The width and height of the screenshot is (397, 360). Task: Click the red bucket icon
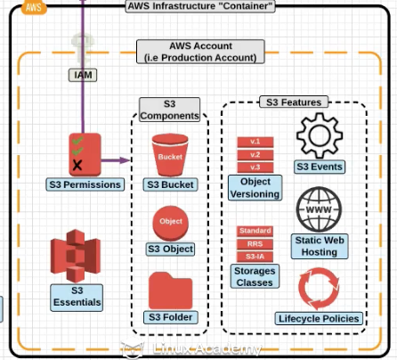tap(170, 155)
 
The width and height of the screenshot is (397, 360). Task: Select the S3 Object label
tap(171, 249)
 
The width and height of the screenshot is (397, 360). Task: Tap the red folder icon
tap(171, 290)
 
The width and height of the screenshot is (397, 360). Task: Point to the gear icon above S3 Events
tap(320, 135)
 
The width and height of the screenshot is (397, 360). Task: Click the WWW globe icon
tap(319, 209)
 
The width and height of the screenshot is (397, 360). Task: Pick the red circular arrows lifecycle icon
tap(319, 289)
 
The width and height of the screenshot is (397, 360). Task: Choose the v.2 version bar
tap(255, 155)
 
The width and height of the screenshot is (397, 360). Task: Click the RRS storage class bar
tap(255, 244)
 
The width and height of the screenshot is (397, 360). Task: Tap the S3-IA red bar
tap(255, 257)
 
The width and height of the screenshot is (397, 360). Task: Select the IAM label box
tap(83, 75)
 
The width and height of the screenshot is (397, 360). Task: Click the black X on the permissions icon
tap(77, 165)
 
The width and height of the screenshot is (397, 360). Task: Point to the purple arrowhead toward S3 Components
tap(125, 160)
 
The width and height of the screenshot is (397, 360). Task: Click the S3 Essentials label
tap(77, 298)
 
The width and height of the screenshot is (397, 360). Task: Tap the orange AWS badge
tap(34, 7)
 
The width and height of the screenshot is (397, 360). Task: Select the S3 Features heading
tap(294, 102)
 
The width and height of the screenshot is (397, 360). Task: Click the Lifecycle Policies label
tap(319, 318)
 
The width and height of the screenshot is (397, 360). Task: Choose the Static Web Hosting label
tap(320, 246)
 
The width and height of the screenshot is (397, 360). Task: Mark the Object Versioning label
tap(255, 188)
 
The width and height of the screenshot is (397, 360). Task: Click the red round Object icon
tap(171, 224)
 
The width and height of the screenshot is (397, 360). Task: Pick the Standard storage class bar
tap(255, 231)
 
